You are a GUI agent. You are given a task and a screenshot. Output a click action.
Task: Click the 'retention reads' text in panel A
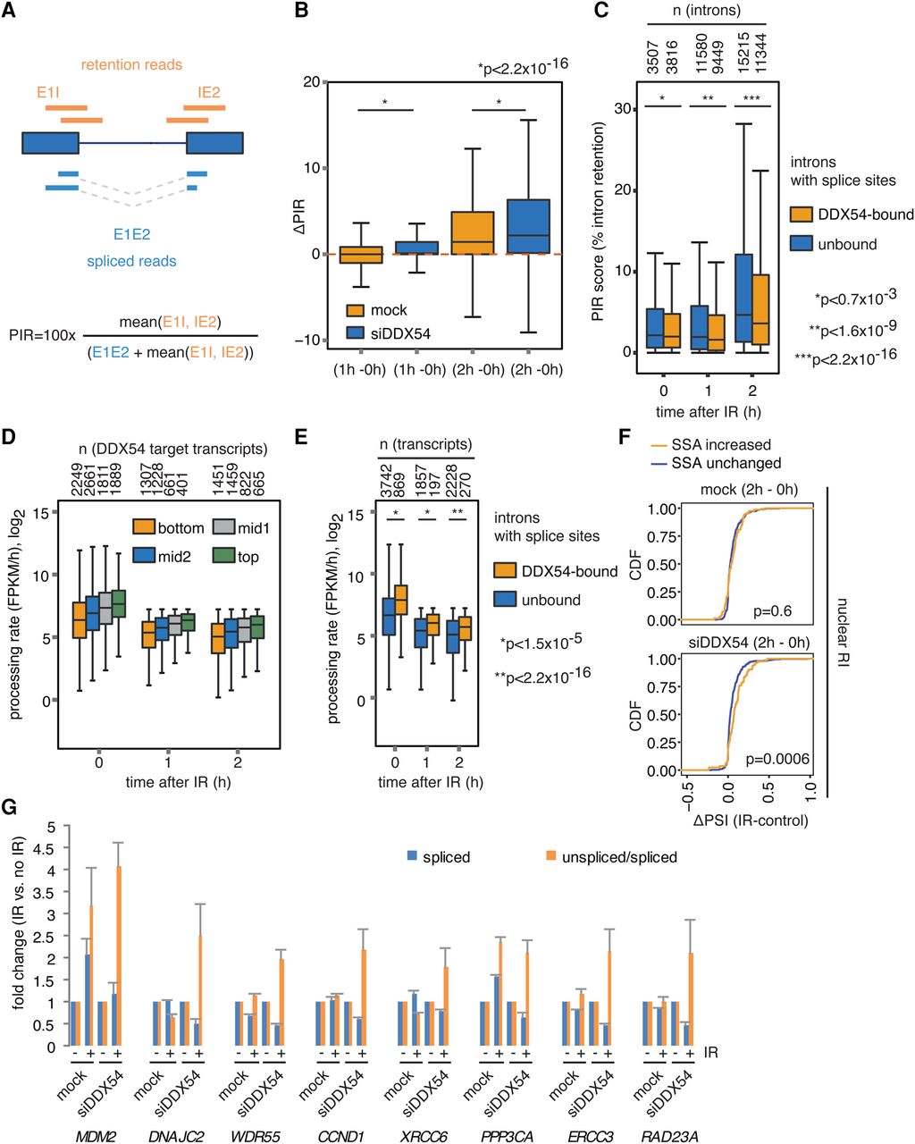pos(131,64)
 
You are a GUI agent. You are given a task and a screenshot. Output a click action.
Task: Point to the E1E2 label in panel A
pos(131,235)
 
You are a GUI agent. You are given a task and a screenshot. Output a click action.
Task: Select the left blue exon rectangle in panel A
pos(50,144)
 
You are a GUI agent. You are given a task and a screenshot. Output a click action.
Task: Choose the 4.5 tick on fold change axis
pos(36,847)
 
